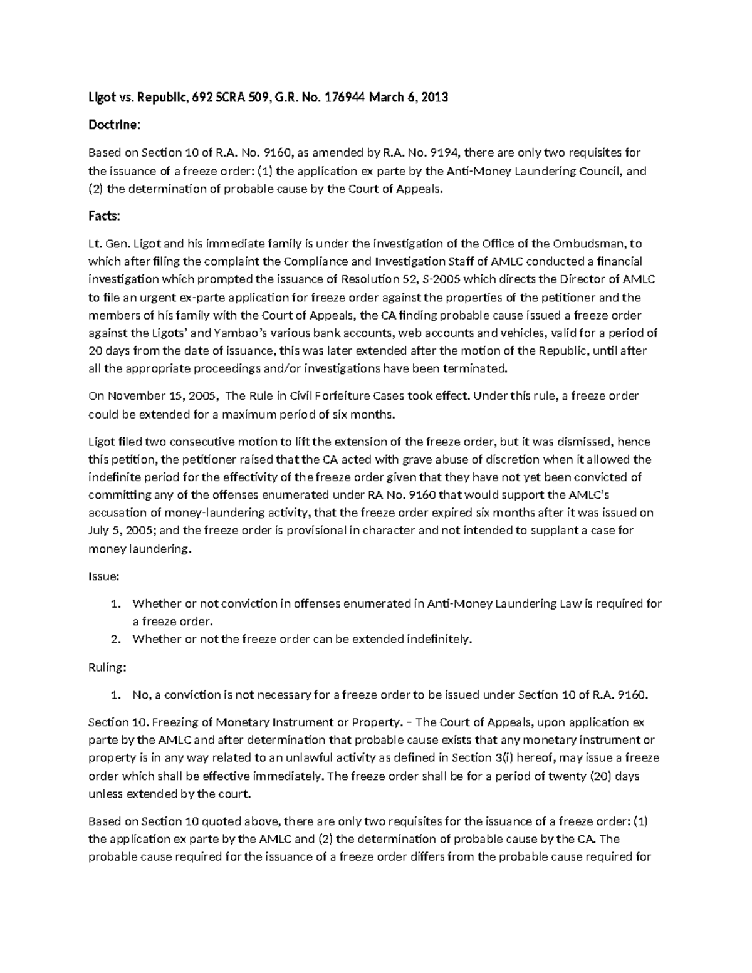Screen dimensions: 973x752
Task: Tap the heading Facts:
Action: click(x=104, y=216)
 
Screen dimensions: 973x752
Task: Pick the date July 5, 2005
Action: click(x=123, y=531)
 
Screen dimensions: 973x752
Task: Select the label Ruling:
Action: click(x=107, y=667)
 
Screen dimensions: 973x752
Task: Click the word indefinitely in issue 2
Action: click(x=439, y=640)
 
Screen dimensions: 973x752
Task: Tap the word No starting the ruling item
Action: click(x=139, y=695)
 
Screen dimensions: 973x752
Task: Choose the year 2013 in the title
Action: click(x=434, y=98)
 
